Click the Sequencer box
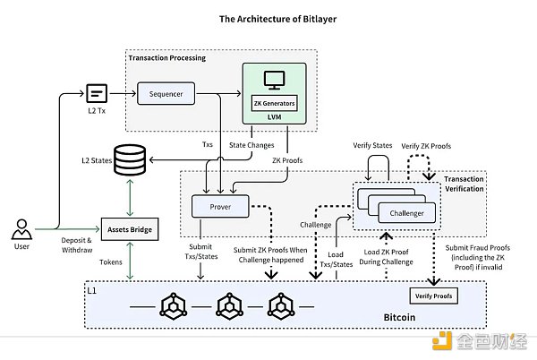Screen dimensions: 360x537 (166, 92)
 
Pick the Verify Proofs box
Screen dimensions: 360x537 (430, 296)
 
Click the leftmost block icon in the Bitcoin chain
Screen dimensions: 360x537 (173, 306)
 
